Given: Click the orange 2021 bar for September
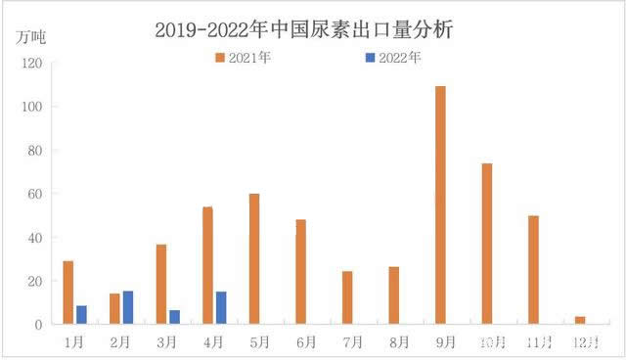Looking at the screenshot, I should click(x=440, y=205).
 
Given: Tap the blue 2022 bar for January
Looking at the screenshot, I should click(x=81, y=314).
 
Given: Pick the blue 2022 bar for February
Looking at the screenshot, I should click(x=128, y=307).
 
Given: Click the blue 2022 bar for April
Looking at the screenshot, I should click(x=221, y=307).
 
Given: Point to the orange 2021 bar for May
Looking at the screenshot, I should click(x=254, y=258).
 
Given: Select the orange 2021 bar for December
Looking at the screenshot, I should click(x=580, y=320).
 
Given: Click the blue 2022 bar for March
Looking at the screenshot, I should click(x=174, y=316).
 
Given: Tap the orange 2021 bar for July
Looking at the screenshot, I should click(x=347, y=297).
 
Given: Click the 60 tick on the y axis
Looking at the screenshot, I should click(x=35, y=194).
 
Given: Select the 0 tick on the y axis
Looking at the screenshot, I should click(x=38, y=324).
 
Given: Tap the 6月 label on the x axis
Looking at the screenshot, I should click(x=304, y=342).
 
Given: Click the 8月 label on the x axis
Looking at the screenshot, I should click(x=397, y=342).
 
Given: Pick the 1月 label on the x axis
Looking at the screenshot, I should click(x=74, y=342).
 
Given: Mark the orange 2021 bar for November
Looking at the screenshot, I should click(x=533, y=270).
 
